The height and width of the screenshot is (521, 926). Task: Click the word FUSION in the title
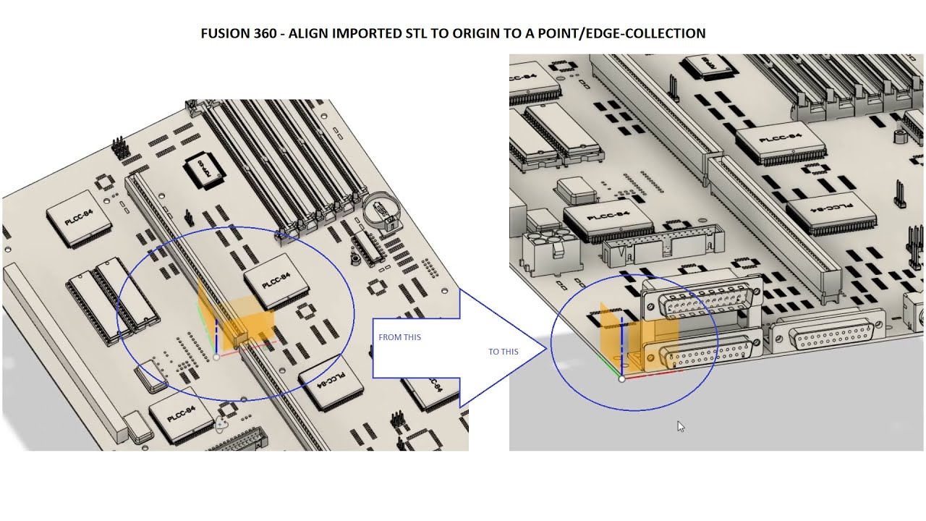click(x=224, y=33)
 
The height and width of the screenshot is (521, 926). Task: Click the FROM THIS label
click(x=399, y=337)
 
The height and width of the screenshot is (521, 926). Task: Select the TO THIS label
click(x=503, y=352)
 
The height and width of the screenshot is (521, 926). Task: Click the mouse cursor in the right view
click(x=680, y=426)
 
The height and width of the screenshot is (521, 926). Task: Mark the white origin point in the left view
click(x=216, y=357)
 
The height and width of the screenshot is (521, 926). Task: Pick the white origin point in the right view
click(x=621, y=378)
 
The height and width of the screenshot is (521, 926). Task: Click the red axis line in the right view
click(x=651, y=375)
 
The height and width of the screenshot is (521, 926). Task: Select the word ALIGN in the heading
click(x=308, y=33)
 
